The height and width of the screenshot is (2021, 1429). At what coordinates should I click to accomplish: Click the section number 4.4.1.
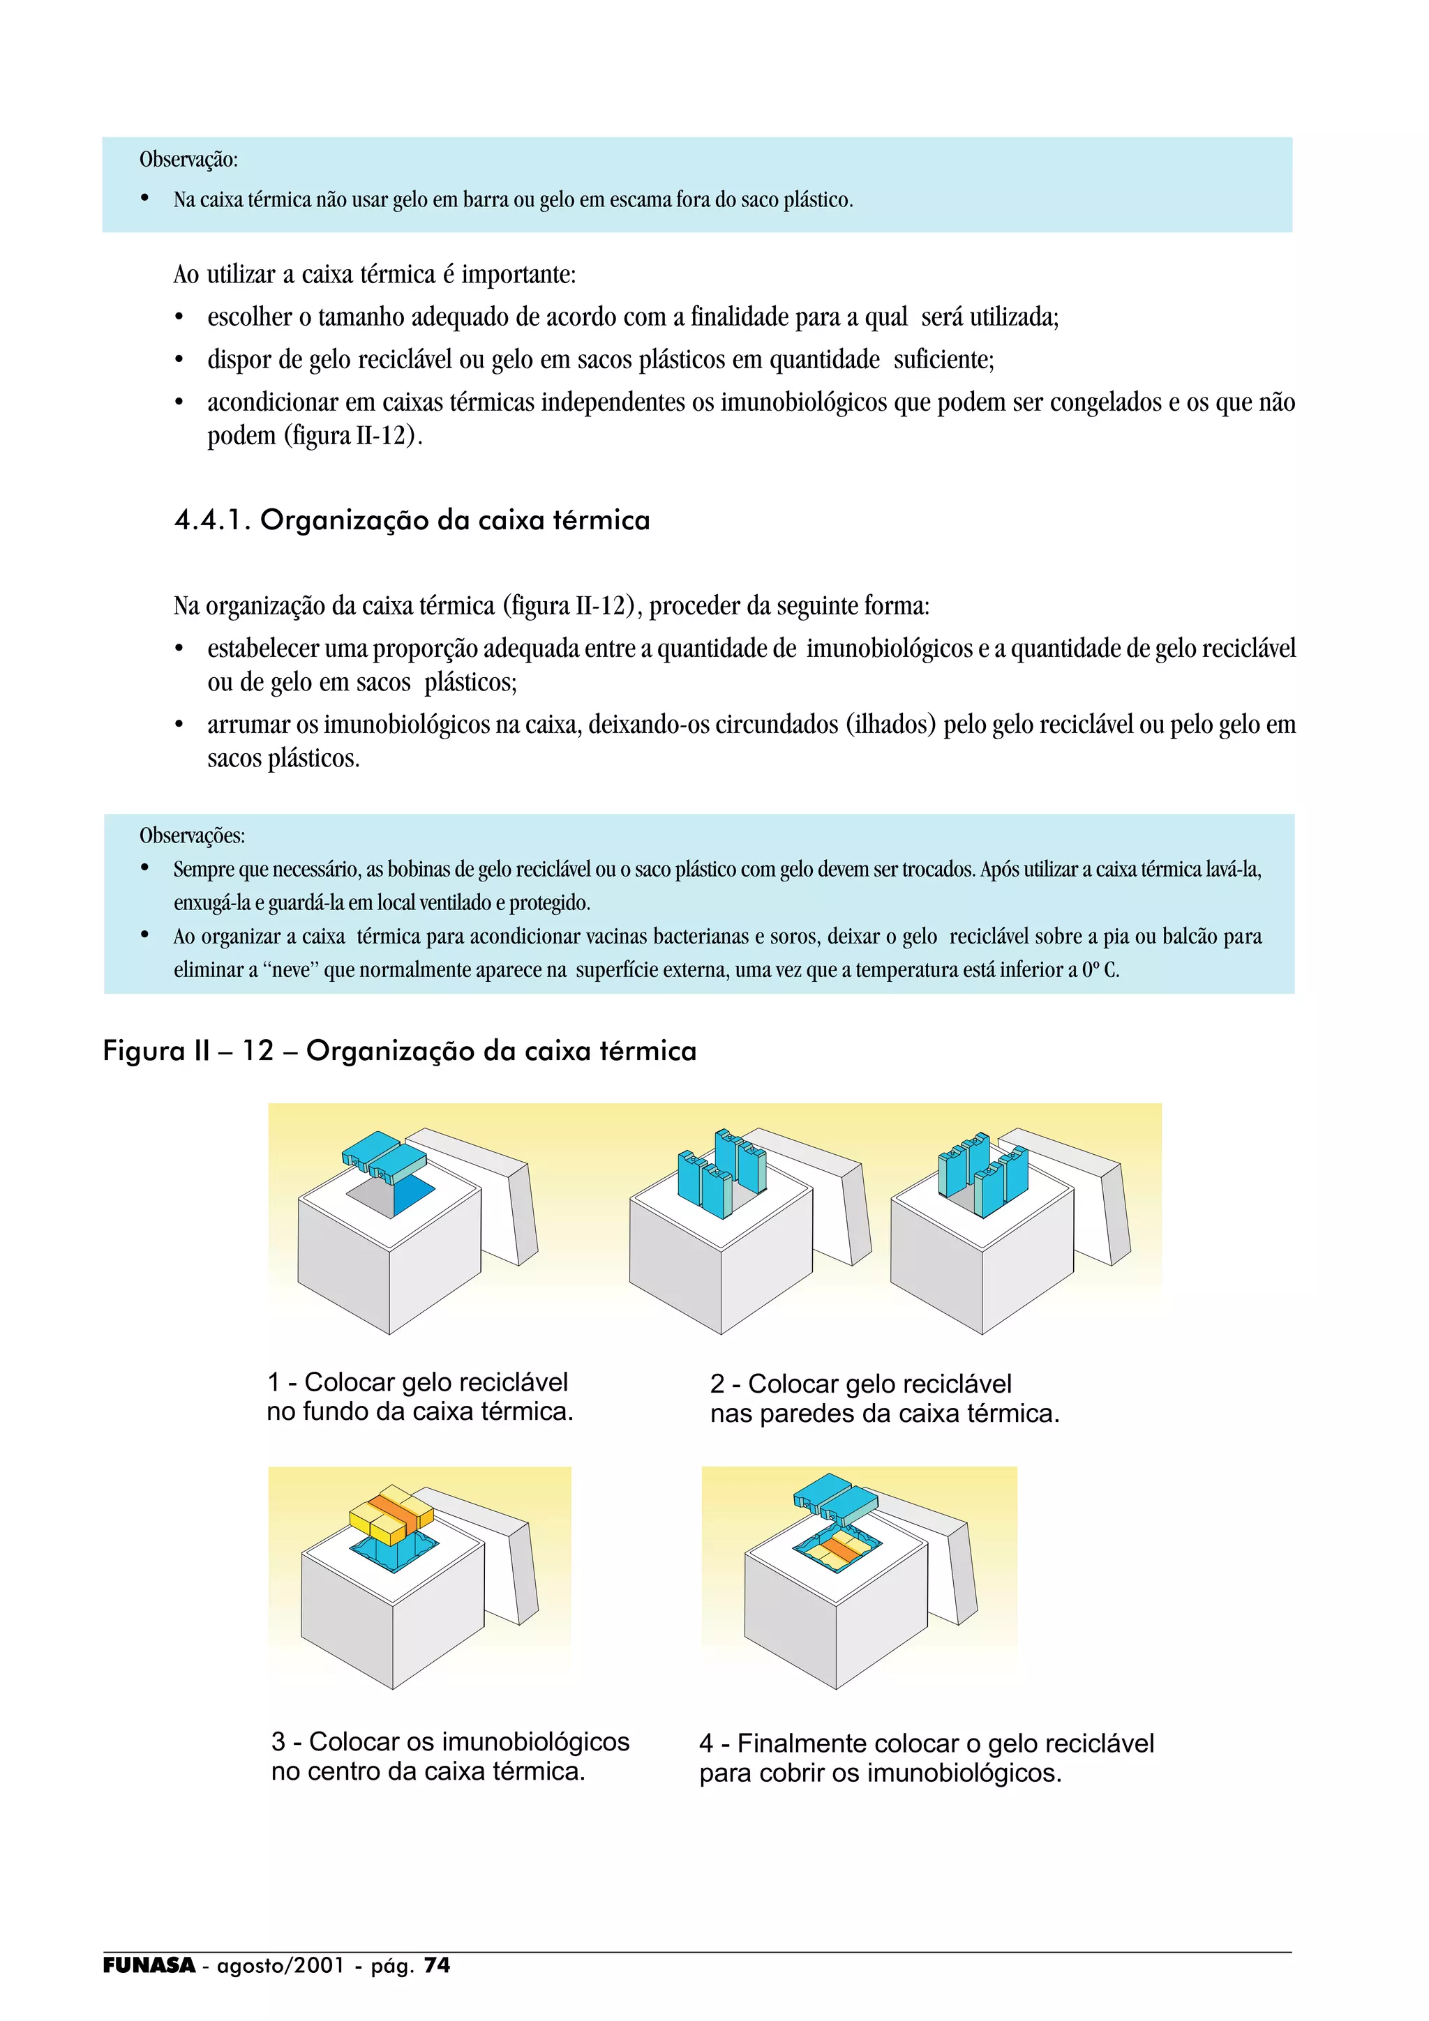tap(211, 520)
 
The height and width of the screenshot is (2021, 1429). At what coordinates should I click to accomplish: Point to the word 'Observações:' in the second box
tap(192, 835)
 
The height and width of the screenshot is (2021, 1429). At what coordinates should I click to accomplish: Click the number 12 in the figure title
tap(259, 1051)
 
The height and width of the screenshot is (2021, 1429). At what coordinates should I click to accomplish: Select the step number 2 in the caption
tap(717, 1384)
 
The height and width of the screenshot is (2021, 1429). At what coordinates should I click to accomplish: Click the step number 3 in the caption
tap(278, 1741)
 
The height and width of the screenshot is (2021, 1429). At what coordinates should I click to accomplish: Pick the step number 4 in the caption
tap(706, 1743)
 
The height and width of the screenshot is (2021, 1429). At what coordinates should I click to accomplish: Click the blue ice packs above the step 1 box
tap(384, 1155)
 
